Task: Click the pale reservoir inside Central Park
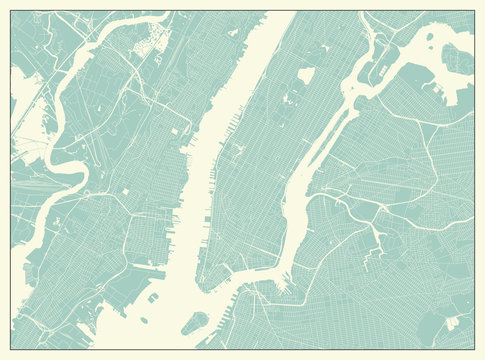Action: [305, 75]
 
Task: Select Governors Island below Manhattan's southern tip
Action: [196, 322]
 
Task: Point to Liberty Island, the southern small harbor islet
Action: [152, 319]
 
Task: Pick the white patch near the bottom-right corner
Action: [452, 322]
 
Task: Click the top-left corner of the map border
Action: [11, 11]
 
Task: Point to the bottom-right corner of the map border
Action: [474, 348]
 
